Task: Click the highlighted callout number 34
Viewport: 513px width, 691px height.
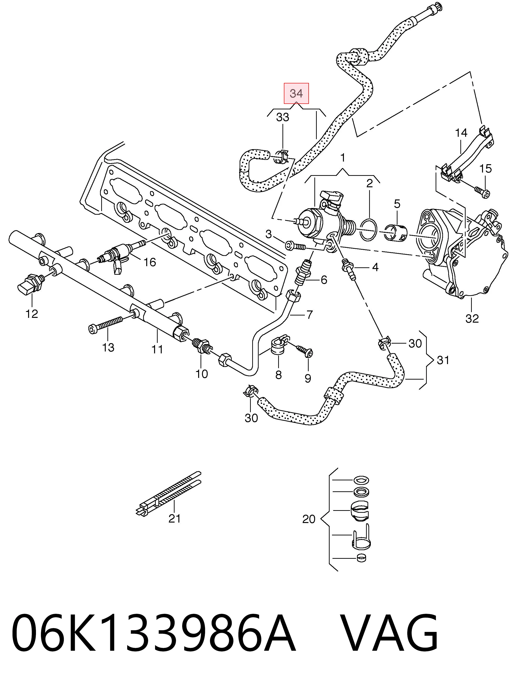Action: tap(296, 93)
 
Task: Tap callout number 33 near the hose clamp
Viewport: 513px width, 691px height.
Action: tap(283, 117)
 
